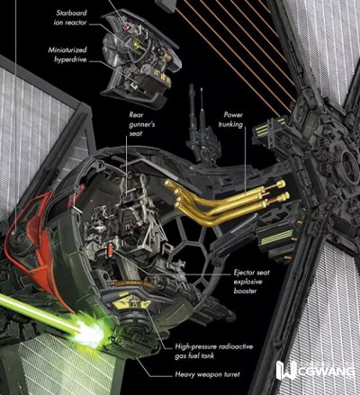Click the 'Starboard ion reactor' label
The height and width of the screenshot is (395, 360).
pos(70,18)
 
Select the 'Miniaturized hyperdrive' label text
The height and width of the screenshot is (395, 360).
pos(67,55)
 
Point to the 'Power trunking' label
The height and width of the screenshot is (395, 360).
pos(230,120)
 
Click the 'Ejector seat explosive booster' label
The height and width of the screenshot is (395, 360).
pos(252,282)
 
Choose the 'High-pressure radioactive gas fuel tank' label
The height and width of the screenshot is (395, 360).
pos(214,351)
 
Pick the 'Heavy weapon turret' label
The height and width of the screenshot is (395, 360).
pos(208,374)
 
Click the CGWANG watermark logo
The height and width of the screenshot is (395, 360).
pos(315,371)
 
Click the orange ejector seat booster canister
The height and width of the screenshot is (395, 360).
pos(111,249)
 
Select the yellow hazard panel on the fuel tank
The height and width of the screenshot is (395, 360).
pos(131,304)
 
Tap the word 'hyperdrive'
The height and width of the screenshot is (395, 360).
pos(70,59)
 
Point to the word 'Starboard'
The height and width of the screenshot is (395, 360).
pos(72,13)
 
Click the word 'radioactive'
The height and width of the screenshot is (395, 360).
pos(236,346)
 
